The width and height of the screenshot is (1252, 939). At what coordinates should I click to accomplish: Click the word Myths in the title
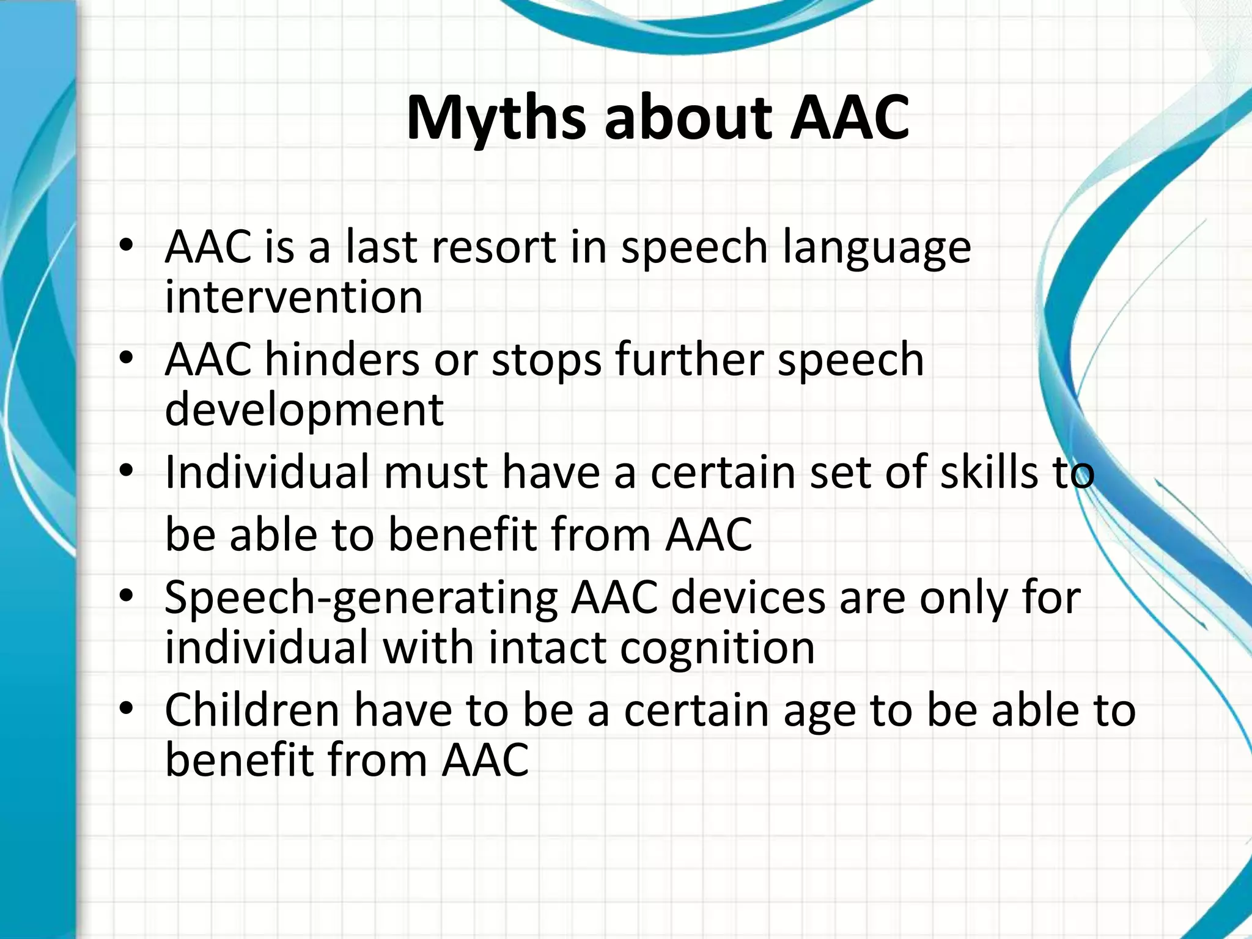click(x=496, y=117)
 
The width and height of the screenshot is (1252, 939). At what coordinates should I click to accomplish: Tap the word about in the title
click(x=688, y=117)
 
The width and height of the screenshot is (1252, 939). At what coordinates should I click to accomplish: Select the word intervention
click(x=293, y=298)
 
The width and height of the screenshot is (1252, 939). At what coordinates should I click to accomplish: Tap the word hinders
click(x=342, y=359)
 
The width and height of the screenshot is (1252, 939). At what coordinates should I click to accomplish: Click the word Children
click(x=252, y=710)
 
